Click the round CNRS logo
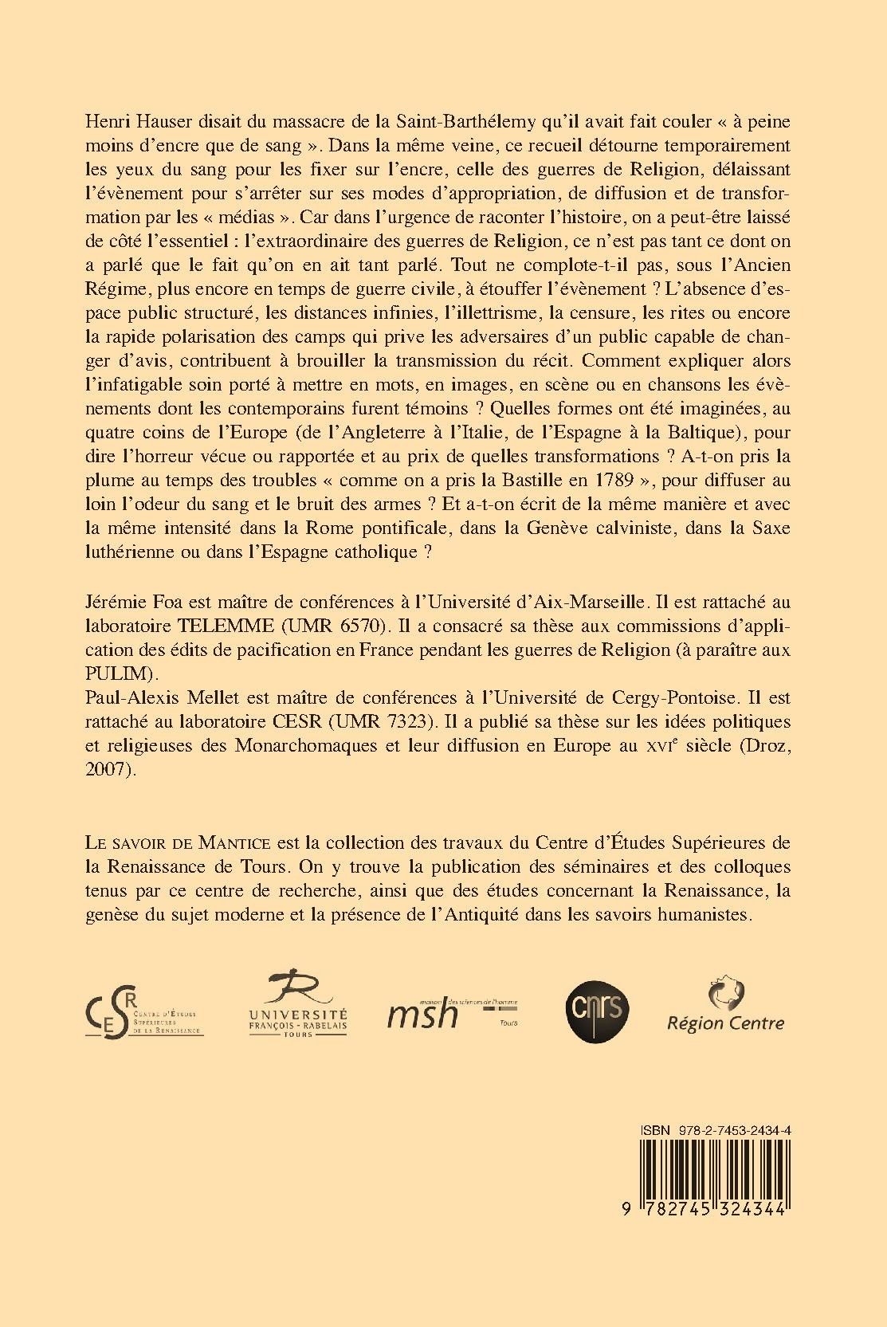pos(597,1008)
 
